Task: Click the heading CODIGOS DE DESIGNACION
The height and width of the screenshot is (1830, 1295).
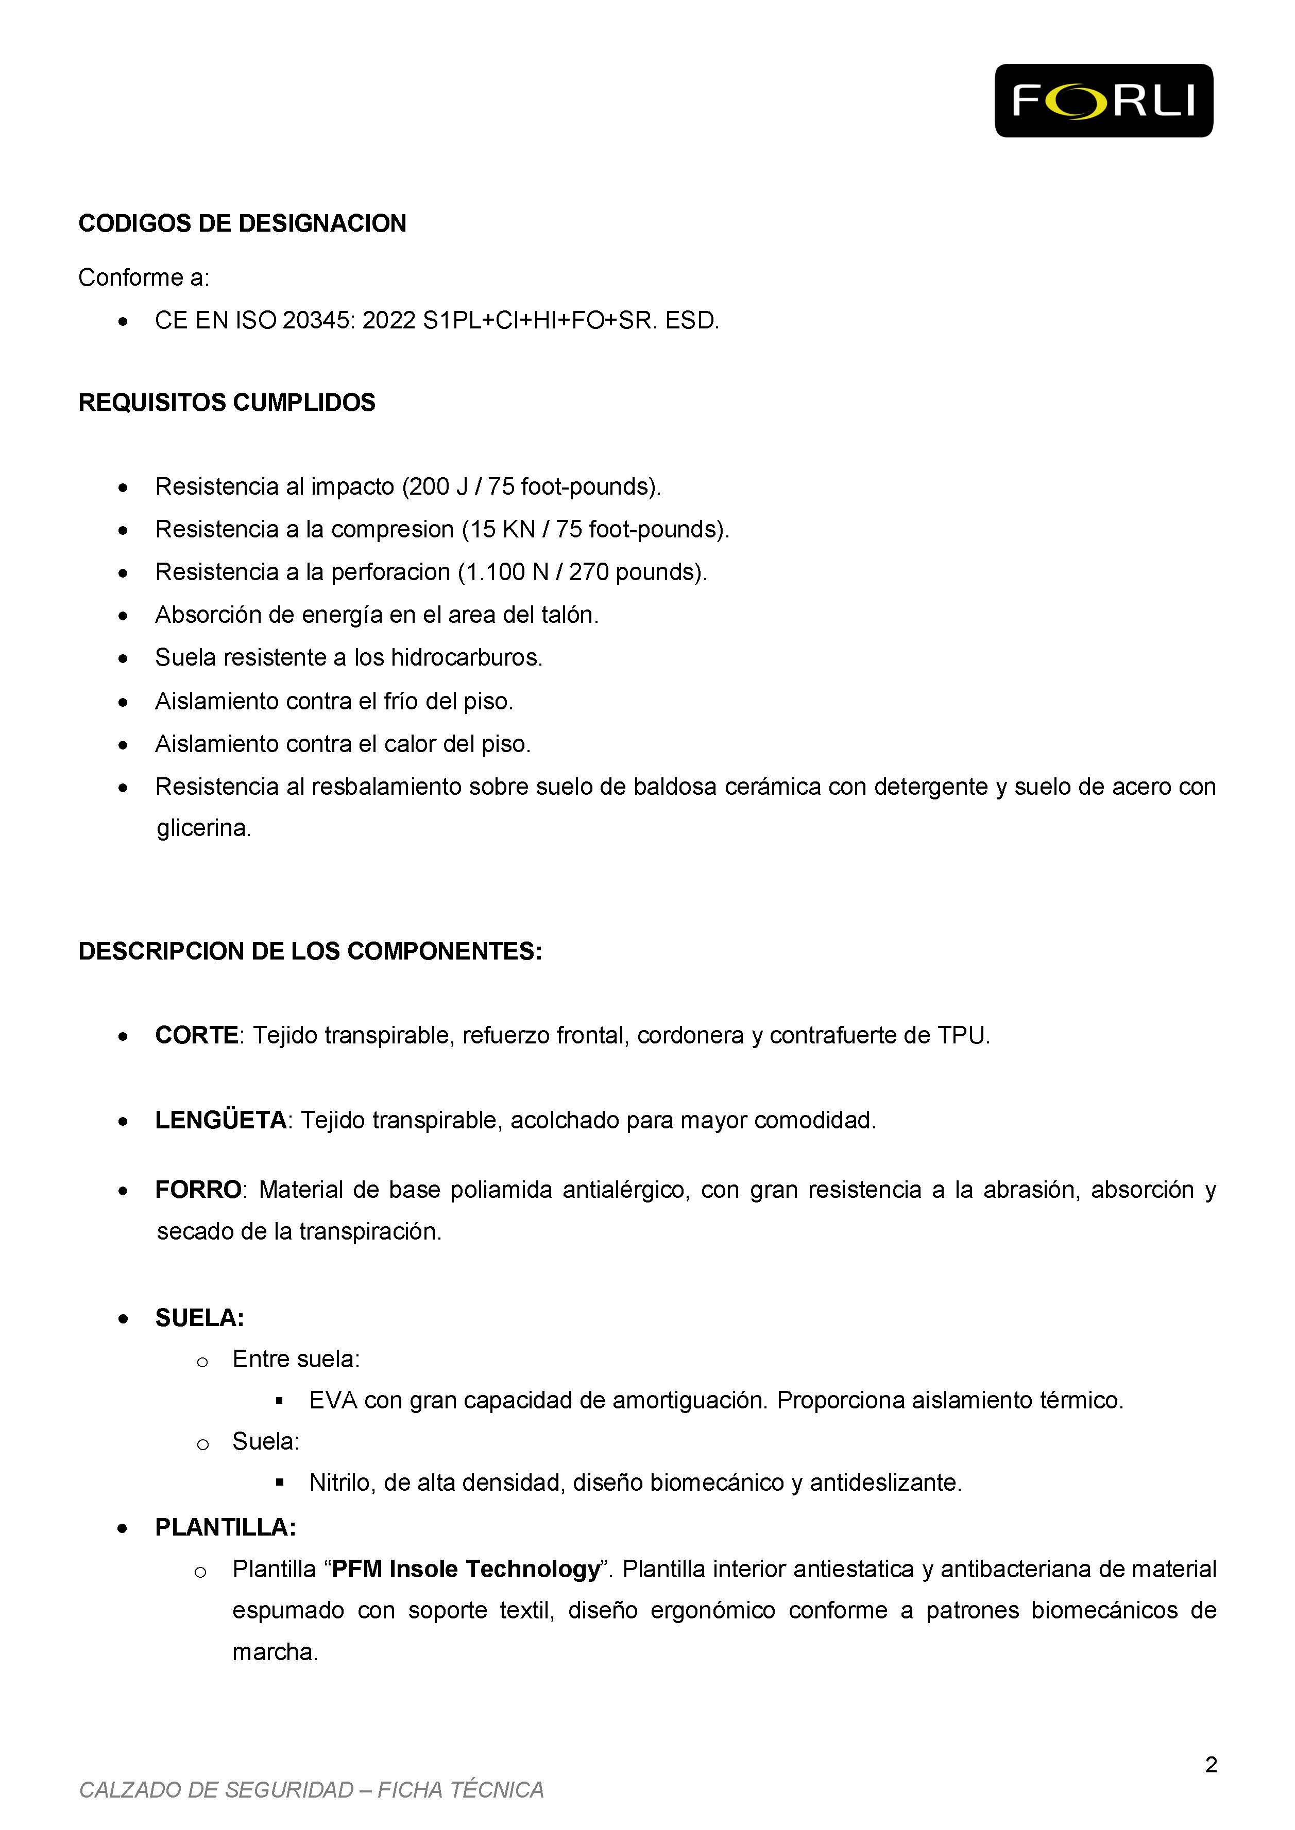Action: click(243, 224)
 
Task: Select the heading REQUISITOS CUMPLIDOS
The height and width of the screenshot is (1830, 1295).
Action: click(227, 403)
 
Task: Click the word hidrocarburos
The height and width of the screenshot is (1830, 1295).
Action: click(465, 657)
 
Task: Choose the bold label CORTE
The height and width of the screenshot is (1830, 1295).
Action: click(196, 1035)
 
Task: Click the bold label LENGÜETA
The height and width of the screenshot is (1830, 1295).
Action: click(221, 1121)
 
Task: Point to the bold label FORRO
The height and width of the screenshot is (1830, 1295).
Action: click(198, 1190)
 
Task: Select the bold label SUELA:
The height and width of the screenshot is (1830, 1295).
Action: click(199, 1318)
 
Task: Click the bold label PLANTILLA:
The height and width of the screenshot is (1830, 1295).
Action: click(226, 1527)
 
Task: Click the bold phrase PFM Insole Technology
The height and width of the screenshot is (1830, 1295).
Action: click(465, 1570)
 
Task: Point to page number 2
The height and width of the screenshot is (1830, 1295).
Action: click(1211, 1766)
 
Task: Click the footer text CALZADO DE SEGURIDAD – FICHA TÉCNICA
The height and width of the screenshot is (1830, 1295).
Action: click(311, 1790)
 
